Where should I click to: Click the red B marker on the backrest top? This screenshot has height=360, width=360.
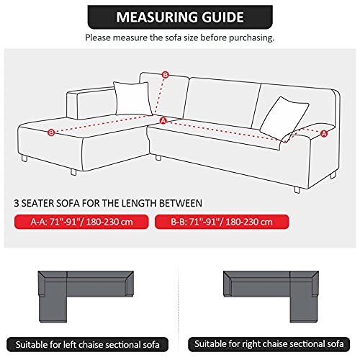click(x=165, y=75)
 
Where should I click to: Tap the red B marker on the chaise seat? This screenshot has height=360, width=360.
click(x=50, y=132)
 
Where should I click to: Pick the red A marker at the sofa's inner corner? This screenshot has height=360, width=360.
click(x=163, y=120)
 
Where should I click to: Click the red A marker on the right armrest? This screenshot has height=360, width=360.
click(x=323, y=133)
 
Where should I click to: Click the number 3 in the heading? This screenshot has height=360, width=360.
click(x=17, y=203)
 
